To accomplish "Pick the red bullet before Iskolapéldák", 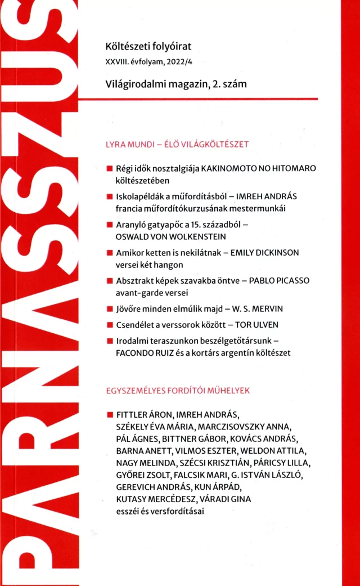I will tap(109, 197).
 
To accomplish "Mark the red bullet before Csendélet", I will tap(109, 325).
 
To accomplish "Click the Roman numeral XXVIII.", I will tap(111, 61).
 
